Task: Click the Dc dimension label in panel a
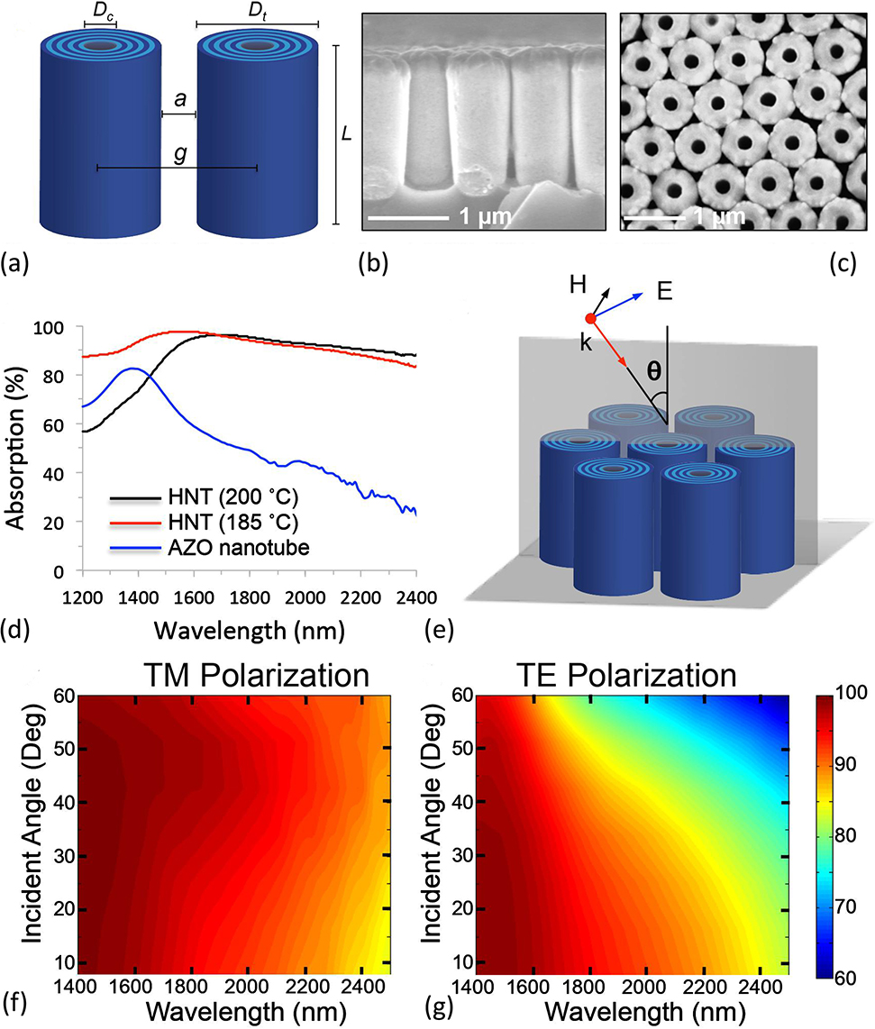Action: (x=100, y=14)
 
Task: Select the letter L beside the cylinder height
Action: (x=347, y=135)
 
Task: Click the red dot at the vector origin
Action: (x=590, y=319)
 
